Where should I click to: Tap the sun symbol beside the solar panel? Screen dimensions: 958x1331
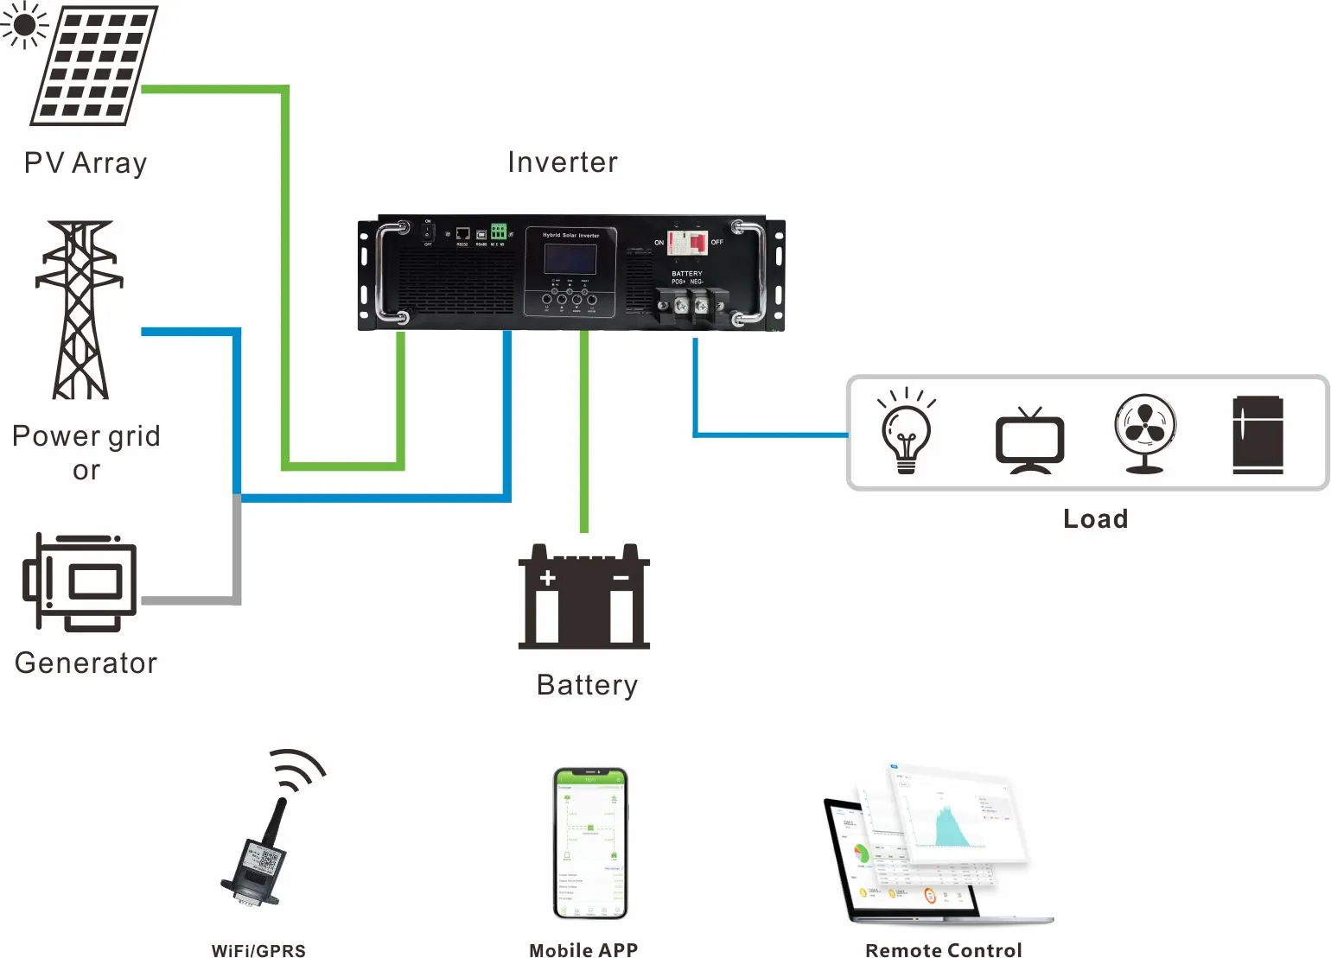pos(23,24)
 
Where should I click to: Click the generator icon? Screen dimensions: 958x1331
pos(80,581)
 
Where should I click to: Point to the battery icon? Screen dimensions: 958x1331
pos(583,598)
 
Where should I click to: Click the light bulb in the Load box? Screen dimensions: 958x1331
pos(906,432)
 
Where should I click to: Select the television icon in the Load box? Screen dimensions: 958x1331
pos(1029,440)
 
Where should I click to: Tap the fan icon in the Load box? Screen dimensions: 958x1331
pos(1144,433)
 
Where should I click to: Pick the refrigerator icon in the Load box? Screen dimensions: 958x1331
pos(1258,435)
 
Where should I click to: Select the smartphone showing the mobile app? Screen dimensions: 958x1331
pos(590,842)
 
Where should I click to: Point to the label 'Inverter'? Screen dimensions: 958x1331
pos(563,162)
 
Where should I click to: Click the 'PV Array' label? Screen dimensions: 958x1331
pos(86,163)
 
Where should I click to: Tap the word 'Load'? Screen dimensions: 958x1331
pos(1095,518)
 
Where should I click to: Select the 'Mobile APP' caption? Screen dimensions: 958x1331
pos(583,949)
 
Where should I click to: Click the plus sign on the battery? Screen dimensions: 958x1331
pos(547,578)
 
